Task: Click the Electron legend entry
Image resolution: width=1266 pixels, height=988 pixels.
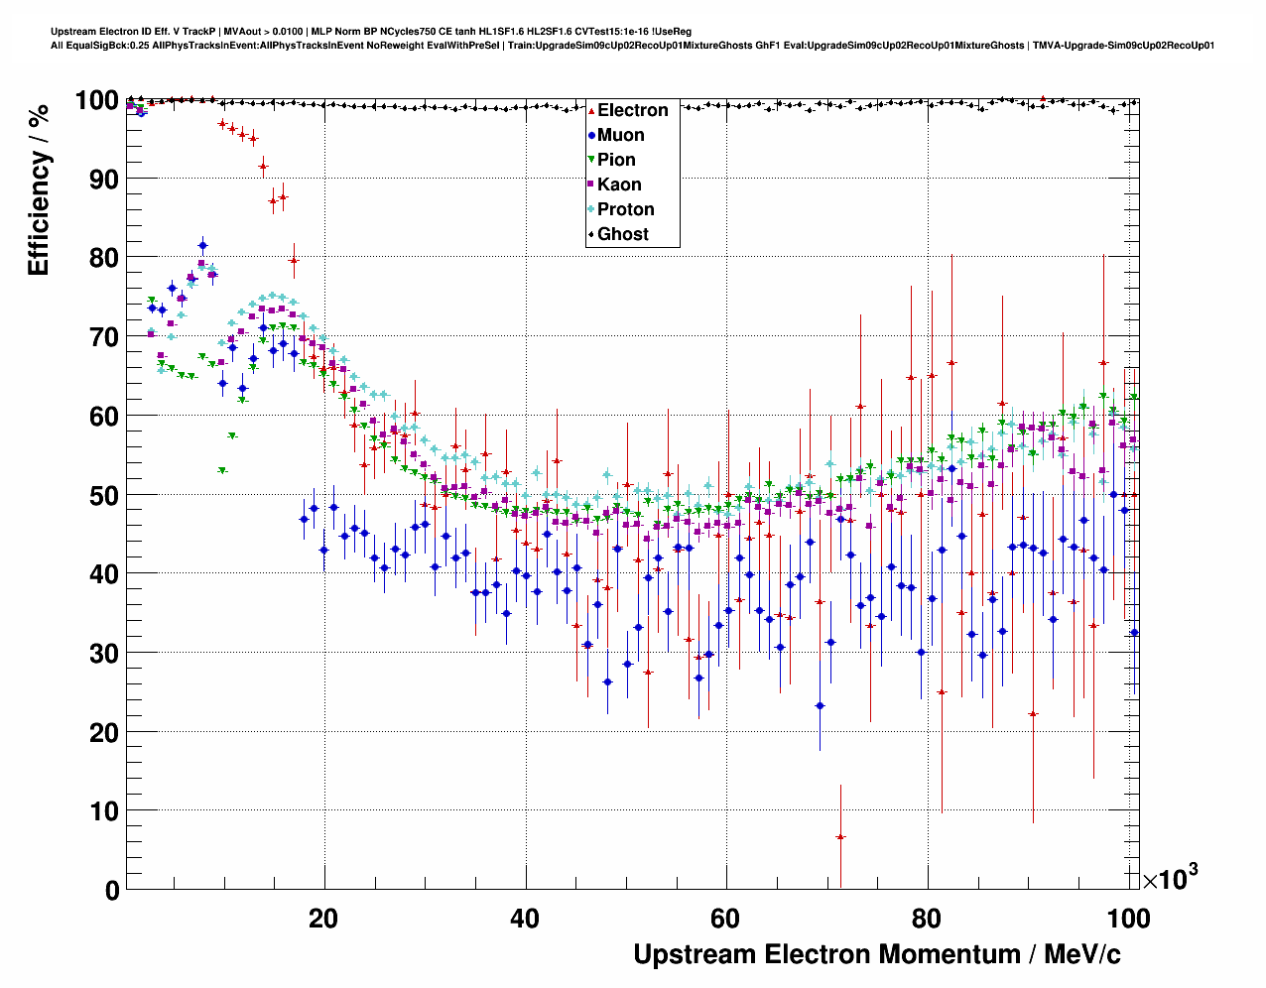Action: pos(632,110)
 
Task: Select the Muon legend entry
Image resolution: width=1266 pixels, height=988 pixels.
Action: pos(620,135)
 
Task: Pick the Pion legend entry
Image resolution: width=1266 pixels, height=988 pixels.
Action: pos(616,160)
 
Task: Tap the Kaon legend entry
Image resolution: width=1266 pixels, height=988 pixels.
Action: pos(619,185)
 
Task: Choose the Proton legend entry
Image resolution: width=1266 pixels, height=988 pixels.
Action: pos(625,209)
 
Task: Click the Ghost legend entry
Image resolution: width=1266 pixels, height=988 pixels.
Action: pos(622,234)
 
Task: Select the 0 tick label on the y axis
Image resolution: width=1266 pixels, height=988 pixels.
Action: pos(112,891)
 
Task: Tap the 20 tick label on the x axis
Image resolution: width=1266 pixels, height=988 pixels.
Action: pos(323,919)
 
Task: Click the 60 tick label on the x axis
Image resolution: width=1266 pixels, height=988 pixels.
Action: pos(726,919)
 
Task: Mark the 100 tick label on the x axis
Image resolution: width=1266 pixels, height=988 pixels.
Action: pos(1128,919)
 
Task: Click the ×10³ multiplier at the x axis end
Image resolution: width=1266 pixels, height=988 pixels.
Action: pos(1170,878)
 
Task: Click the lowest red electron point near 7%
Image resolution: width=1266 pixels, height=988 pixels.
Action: pos(840,837)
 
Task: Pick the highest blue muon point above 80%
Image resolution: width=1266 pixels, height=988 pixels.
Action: pos(202,245)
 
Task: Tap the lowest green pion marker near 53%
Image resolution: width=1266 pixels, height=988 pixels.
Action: pos(222,470)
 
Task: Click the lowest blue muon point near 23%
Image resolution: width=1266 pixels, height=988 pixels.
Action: pos(820,705)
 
